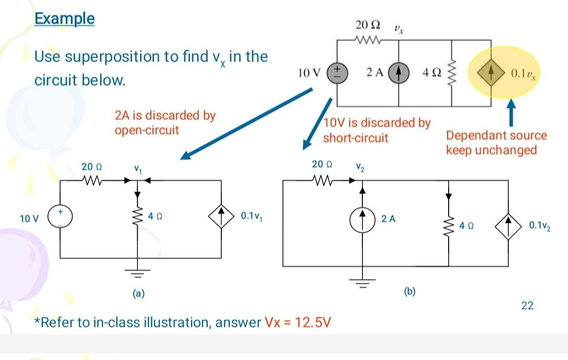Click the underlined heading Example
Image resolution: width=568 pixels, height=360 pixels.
[x=65, y=18]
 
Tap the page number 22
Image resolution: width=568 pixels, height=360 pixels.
[x=526, y=305]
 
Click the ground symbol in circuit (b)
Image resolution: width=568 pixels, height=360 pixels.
[x=362, y=285]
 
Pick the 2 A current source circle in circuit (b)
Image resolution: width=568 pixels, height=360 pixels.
[x=362, y=218]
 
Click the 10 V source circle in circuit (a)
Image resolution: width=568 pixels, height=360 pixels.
[x=60, y=216]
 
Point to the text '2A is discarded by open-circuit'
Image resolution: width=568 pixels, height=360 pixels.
[x=165, y=122]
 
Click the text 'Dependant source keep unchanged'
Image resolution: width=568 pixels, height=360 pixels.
[x=496, y=142]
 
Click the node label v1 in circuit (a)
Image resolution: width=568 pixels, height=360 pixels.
[x=137, y=169]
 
